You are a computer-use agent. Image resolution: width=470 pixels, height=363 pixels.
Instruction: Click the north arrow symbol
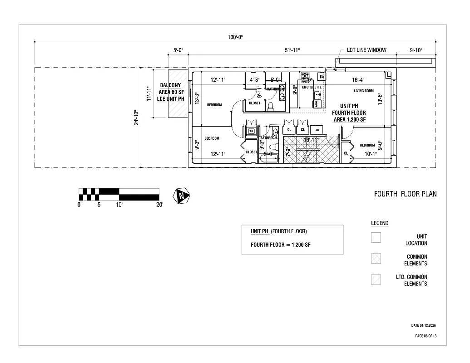182,196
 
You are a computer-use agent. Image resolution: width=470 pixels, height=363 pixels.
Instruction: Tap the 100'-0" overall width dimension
235,37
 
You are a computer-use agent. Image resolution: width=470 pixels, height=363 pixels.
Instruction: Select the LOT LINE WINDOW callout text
366,50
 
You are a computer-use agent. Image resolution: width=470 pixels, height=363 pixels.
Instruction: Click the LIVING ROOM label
364,91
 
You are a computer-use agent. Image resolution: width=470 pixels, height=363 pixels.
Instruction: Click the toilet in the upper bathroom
271,107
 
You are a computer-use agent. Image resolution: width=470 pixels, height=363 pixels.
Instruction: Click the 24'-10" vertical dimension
136,118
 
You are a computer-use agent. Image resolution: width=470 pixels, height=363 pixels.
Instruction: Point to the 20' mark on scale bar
159,205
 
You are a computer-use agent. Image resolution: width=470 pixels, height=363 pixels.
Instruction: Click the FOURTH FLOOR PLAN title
405,194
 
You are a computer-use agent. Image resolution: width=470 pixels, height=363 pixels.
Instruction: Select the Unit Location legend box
376,237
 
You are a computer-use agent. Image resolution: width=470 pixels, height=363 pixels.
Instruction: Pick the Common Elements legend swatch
376,258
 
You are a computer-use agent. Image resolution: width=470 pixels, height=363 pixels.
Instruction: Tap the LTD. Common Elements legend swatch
376,280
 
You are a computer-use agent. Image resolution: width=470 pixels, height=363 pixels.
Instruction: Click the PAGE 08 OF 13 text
426,336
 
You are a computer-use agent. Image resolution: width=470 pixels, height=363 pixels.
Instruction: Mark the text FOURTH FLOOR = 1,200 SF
281,245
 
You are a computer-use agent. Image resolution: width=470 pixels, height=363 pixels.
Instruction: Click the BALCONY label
170,85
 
